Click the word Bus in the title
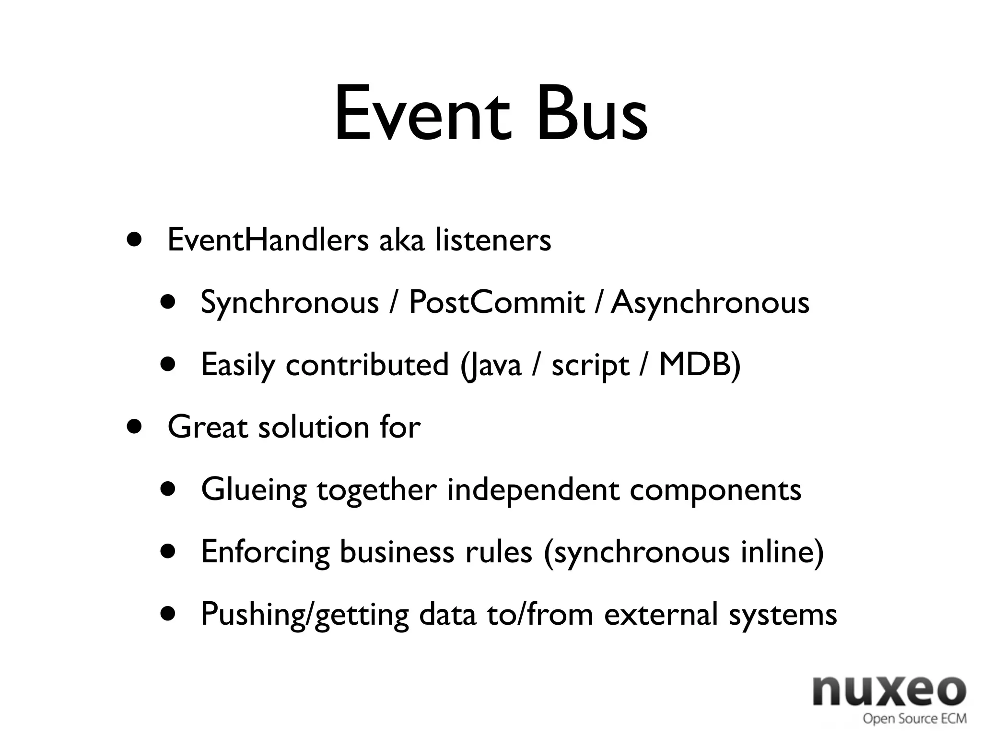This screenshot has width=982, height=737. pyautogui.click(x=592, y=114)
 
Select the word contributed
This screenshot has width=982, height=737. pyautogui.click(x=367, y=365)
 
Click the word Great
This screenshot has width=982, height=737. pyautogui.click(x=207, y=427)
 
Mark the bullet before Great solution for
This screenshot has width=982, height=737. pyautogui.click(x=135, y=427)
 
